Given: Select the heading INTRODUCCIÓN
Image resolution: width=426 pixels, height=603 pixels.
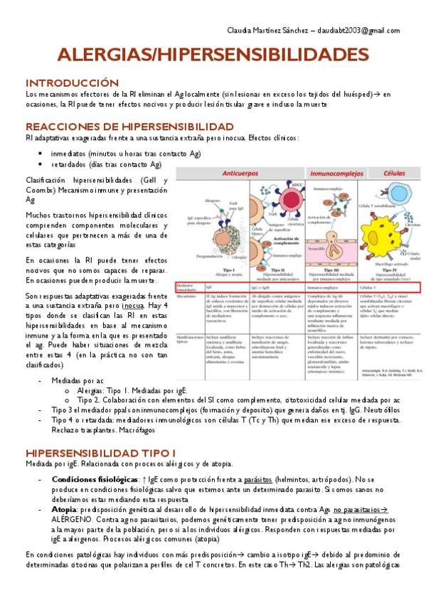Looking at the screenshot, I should pyautogui.click(x=72, y=82).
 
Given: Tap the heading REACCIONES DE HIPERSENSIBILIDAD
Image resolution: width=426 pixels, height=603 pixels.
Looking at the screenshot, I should pyautogui.click(x=129, y=127).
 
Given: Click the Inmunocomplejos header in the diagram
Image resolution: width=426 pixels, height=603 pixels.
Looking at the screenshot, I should pyautogui.click(x=334, y=174).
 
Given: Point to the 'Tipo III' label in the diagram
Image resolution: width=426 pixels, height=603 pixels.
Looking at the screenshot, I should pyautogui.click(x=333, y=270).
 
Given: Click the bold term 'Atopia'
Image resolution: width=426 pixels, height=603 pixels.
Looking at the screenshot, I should pyautogui.click(x=65, y=510).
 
